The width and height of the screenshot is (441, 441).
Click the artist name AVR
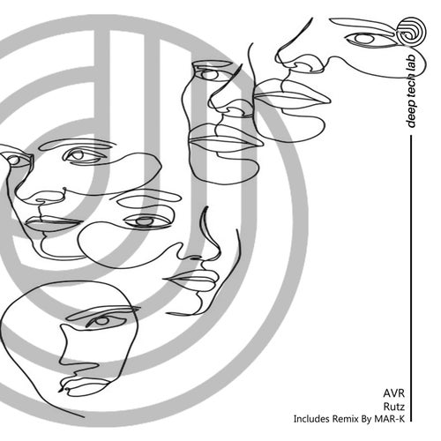(393, 393)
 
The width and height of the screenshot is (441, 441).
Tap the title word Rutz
(394, 407)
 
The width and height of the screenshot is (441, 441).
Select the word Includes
(311, 419)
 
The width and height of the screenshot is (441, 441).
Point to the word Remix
(345, 419)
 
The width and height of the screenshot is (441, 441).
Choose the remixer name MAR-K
(390, 419)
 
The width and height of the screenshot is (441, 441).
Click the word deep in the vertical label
(412, 116)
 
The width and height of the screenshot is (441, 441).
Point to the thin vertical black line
(411, 279)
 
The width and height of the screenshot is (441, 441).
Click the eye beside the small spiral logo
(365, 39)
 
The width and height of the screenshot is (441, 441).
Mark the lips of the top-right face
(291, 94)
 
